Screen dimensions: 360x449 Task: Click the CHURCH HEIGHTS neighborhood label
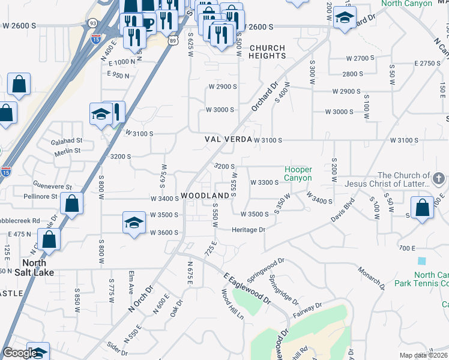click(268, 52)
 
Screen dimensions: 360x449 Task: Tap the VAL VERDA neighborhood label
click(228, 139)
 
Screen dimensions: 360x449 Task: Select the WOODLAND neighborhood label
click(205, 196)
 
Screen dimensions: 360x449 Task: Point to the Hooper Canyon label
click(298, 174)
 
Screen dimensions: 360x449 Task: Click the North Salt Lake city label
click(38, 268)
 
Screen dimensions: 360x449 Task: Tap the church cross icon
click(439, 178)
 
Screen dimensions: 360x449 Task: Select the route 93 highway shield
click(92, 23)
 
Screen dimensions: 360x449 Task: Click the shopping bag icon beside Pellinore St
click(72, 203)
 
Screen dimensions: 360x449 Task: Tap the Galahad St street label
click(66, 140)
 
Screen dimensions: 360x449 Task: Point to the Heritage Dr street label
click(249, 230)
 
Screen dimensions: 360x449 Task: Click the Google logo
click(20, 353)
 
